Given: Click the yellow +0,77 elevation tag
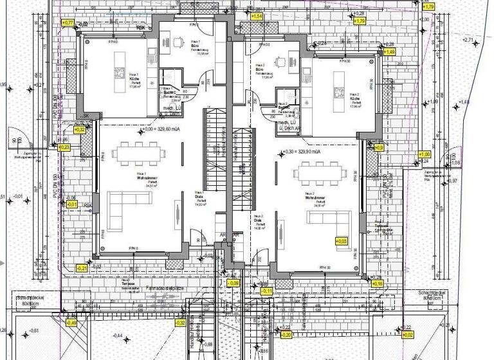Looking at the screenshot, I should click(67, 22).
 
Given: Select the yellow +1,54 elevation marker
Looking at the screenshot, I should click(256, 15).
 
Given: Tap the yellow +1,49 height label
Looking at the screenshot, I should click(389, 51).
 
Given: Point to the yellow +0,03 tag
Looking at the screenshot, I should click(341, 241).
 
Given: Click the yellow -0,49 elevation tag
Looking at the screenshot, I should click(71, 323).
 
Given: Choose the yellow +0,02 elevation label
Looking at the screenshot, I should click(407, 335).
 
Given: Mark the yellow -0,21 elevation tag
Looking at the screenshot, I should click(82, 267).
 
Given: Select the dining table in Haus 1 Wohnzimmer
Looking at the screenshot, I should click(138, 154).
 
